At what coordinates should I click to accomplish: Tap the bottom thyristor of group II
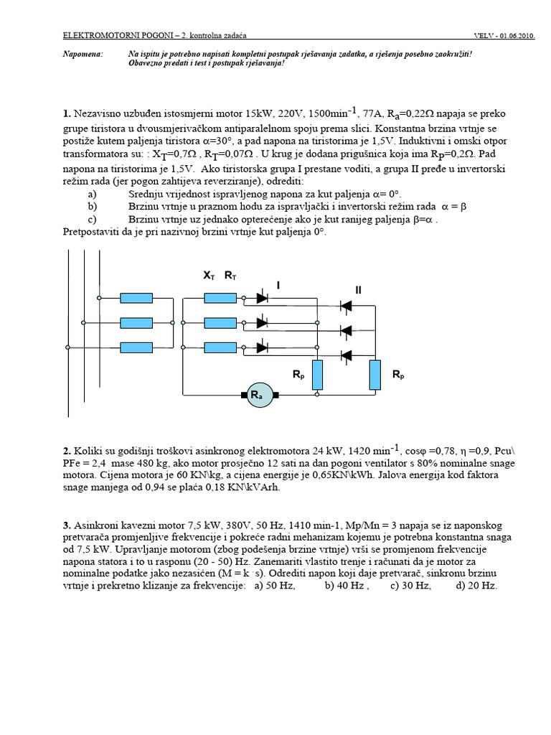coord(345,355)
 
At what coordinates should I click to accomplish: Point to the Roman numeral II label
coord(359,289)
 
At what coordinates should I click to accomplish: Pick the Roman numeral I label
coord(278,285)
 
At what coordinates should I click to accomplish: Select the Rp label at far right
coord(398,375)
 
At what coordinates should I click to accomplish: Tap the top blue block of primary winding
coord(136,298)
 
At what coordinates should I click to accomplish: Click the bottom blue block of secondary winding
coord(220,347)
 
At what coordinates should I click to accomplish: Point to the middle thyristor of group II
coord(345,330)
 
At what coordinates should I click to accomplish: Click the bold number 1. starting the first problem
coord(67,113)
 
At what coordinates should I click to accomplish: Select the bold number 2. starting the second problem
coord(67,451)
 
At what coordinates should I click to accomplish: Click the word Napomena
coord(83,54)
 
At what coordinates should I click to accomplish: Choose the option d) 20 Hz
coord(476,586)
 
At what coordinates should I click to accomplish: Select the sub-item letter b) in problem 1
coord(93,206)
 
